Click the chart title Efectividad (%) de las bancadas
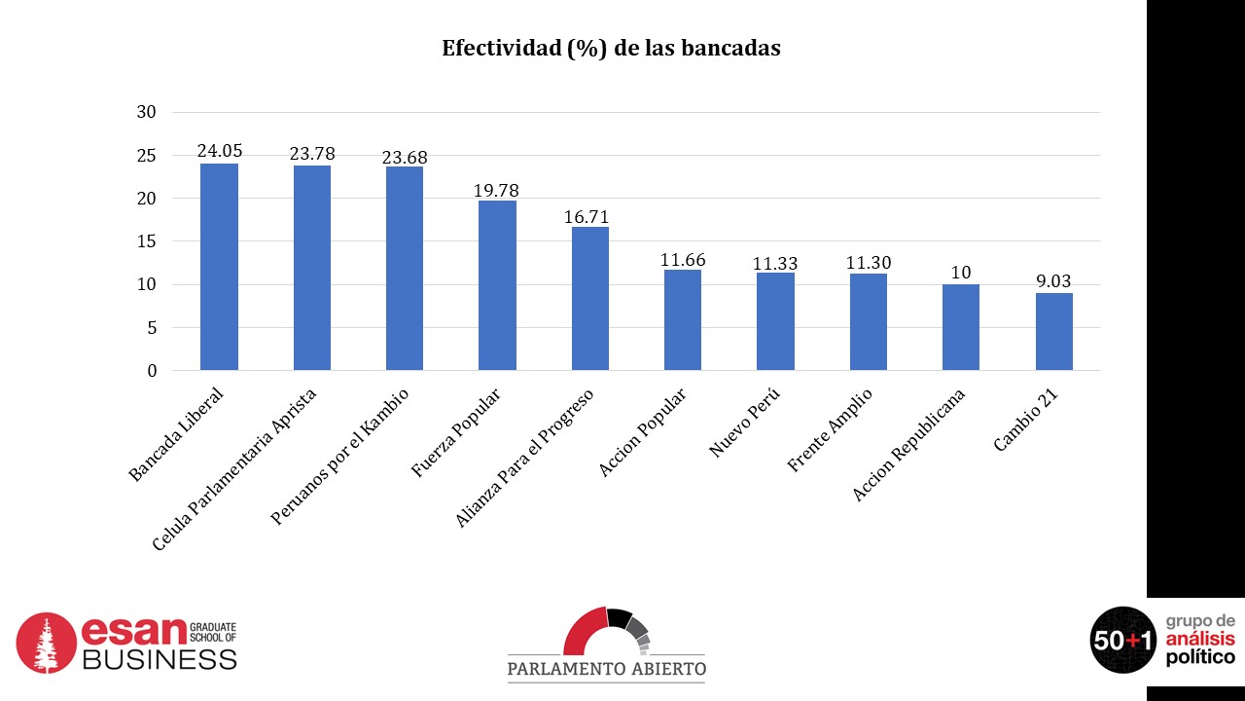click(611, 48)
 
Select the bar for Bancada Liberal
click(219, 267)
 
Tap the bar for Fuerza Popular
click(497, 285)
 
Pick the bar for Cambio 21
click(1053, 331)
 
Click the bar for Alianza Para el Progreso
click(590, 298)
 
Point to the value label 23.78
click(312, 153)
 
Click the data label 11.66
click(683, 260)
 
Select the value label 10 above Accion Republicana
click(961, 273)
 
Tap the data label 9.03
click(1053, 280)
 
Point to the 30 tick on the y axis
click(147, 112)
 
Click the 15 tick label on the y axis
click(147, 241)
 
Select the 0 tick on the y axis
click(152, 371)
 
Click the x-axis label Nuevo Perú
click(744, 423)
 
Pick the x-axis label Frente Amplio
click(829, 429)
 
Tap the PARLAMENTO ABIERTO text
click(607, 669)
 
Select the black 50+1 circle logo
click(1122, 640)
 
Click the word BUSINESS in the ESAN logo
click(160, 659)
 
